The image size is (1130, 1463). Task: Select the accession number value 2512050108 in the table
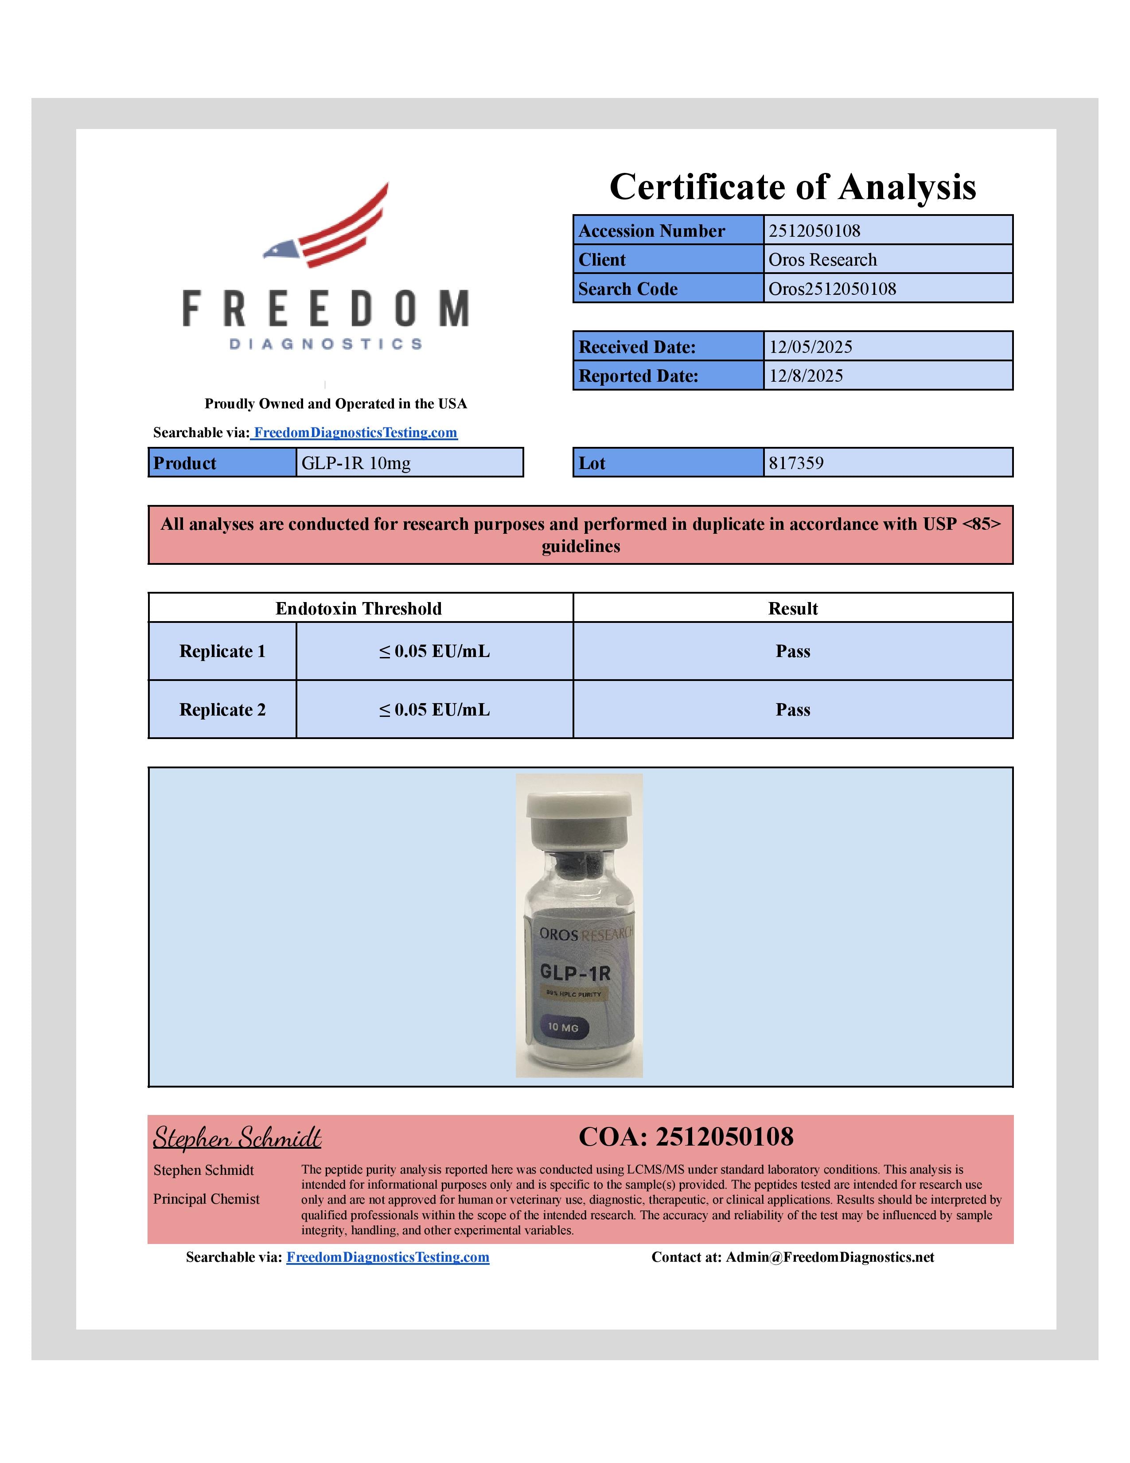point(814,231)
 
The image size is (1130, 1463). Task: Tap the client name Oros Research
point(822,259)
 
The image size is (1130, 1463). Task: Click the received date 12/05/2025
point(810,347)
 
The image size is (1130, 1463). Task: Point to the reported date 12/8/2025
point(805,376)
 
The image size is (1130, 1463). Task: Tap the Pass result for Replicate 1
point(793,651)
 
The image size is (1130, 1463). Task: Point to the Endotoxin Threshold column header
point(359,608)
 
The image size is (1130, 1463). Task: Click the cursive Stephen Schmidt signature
point(237,1138)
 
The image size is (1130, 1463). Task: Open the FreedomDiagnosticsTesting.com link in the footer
point(388,1257)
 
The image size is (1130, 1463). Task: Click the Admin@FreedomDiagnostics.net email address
point(830,1257)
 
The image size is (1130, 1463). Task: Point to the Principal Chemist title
point(206,1199)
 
